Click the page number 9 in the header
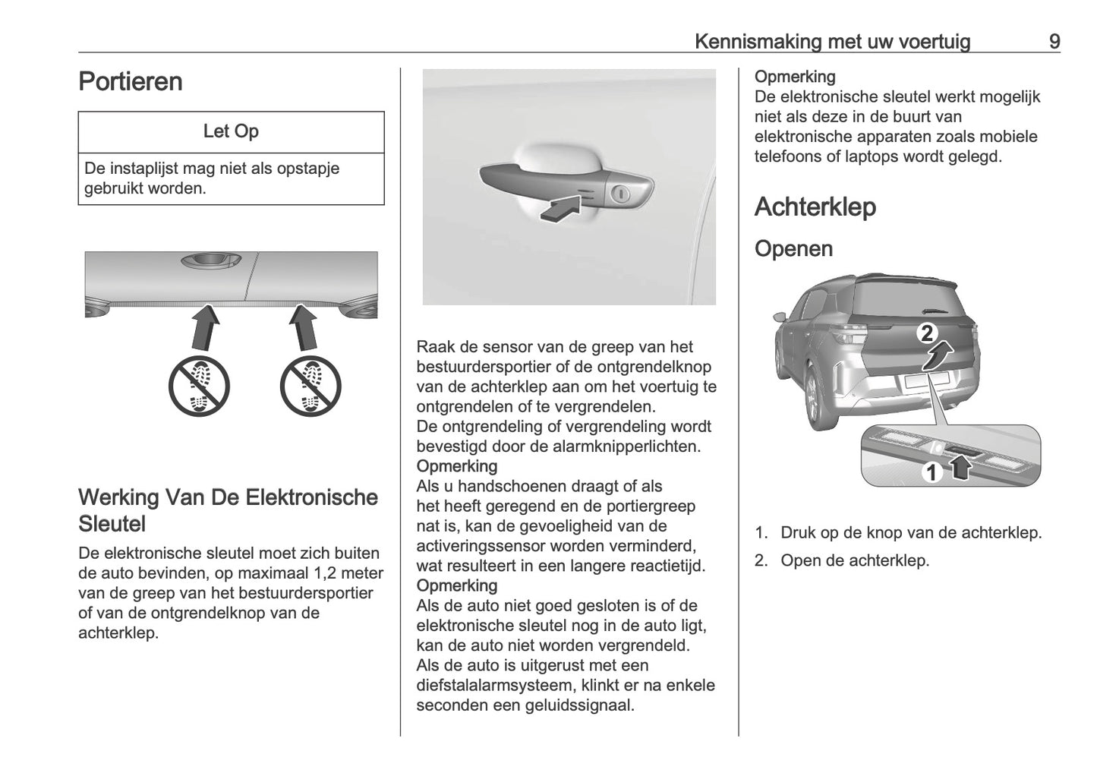tap(1054, 42)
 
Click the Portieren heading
tap(131, 81)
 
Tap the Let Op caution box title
tap(231, 131)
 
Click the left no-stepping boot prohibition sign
tap(198, 386)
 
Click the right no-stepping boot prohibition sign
tap(310, 386)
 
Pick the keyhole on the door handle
tap(622, 195)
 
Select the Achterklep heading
tap(815, 207)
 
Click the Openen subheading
tap(793, 248)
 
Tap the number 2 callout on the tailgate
tap(927, 333)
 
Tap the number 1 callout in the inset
tap(931, 473)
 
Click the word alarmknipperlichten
tap(623, 446)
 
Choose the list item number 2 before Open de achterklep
tap(761, 561)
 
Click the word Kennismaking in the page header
tap(758, 42)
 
